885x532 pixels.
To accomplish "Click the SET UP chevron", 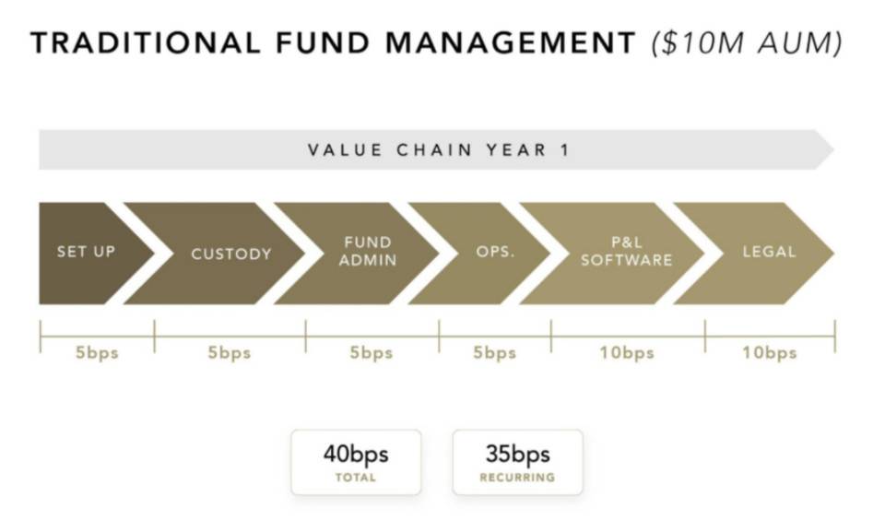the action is pyautogui.click(x=85, y=253).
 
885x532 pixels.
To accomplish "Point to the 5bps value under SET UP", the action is pyautogui.click(x=97, y=353).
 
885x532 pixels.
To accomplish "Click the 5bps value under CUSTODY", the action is pyautogui.click(x=230, y=353).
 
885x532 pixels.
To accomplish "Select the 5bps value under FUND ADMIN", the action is pyautogui.click(x=371, y=353).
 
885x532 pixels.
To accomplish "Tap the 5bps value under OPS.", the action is pyautogui.click(x=494, y=353).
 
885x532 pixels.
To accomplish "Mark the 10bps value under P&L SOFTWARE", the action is pyautogui.click(x=627, y=353).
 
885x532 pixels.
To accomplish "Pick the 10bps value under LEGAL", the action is pyautogui.click(x=769, y=353).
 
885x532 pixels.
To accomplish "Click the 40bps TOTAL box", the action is pyautogui.click(x=356, y=462).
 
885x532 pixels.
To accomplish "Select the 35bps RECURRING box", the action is pyautogui.click(x=517, y=462).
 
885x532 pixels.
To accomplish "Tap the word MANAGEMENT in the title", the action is pyautogui.click(x=511, y=43).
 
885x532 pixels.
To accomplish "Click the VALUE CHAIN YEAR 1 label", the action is pyautogui.click(x=439, y=150).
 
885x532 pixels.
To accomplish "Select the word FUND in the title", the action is pyautogui.click(x=323, y=43).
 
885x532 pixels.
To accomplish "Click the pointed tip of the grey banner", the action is pyautogui.click(x=833, y=149).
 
